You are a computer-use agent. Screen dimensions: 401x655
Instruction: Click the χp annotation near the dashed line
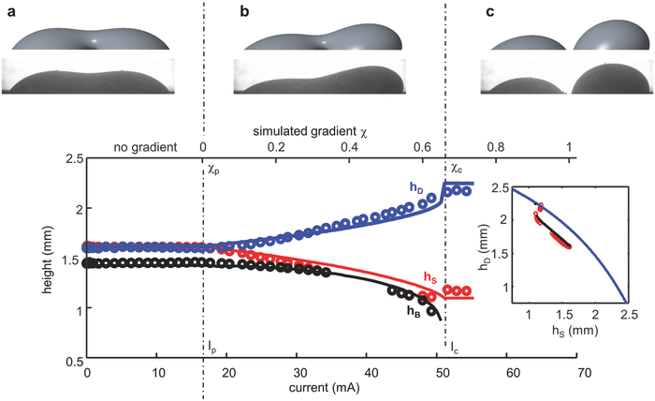click(213, 171)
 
